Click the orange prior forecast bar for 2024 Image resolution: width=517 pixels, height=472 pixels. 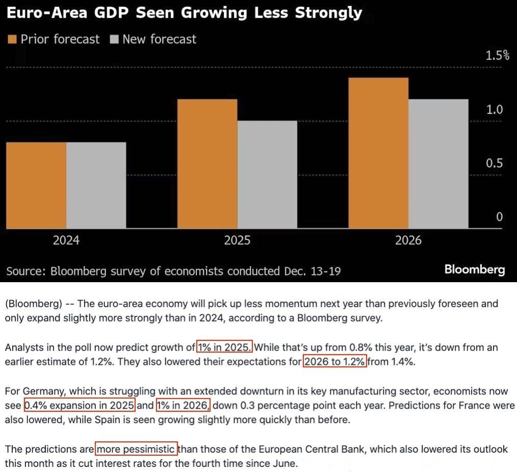point(37,185)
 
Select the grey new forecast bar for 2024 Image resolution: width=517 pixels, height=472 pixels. point(96,185)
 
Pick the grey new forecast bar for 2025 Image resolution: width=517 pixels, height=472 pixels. point(267,174)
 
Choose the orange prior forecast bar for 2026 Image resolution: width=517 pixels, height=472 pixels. point(378,153)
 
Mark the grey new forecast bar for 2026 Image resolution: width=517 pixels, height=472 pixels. point(438,163)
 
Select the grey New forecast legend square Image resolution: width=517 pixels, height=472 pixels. point(114,39)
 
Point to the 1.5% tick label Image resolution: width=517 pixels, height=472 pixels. point(497,56)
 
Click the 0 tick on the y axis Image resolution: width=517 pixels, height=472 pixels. point(499,217)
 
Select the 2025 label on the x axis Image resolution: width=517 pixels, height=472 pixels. point(237,240)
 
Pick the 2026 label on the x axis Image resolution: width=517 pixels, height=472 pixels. point(408,240)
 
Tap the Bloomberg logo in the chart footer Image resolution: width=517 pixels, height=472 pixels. point(474,269)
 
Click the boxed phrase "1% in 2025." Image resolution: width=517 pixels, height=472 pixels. point(224,347)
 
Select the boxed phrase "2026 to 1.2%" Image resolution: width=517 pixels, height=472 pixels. point(335,361)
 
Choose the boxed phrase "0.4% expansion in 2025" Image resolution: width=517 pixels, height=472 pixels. point(80,406)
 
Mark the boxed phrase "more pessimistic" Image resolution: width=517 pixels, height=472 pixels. point(136,450)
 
